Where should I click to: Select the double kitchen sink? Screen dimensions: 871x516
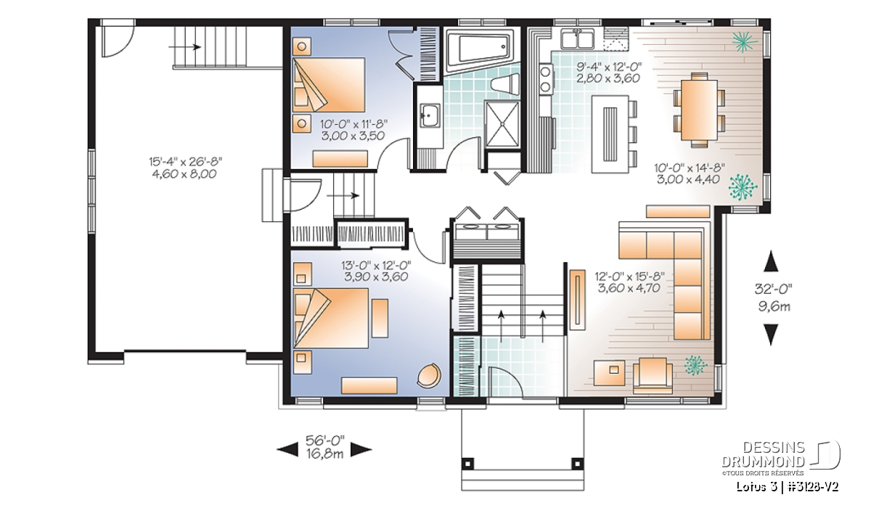[576, 39]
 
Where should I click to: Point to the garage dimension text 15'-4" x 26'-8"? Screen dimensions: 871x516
[185, 161]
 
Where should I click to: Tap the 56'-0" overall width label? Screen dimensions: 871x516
[325, 441]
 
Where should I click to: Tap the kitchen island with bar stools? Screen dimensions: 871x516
[614, 134]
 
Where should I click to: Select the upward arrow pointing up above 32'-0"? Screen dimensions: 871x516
[771, 261]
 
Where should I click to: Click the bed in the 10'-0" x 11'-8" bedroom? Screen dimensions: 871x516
[329, 85]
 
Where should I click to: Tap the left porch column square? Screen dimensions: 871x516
[467, 464]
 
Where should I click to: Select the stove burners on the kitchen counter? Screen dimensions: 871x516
[546, 79]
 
